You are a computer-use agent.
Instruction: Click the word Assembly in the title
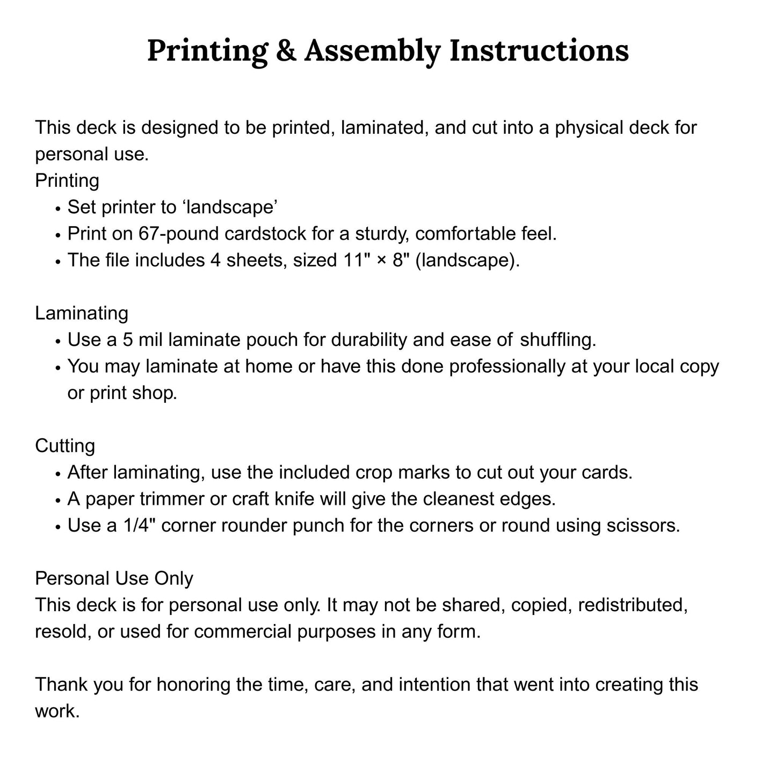(x=371, y=51)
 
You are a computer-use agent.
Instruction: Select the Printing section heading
(x=67, y=180)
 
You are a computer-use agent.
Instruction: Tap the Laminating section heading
(x=82, y=313)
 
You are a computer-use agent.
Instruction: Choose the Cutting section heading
(x=65, y=446)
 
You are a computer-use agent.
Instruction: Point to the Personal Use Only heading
(x=114, y=578)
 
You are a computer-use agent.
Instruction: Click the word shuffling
(x=559, y=340)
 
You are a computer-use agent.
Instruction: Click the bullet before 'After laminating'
(x=57, y=474)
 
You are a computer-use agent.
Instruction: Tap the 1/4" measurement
(x=139, y=525)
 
